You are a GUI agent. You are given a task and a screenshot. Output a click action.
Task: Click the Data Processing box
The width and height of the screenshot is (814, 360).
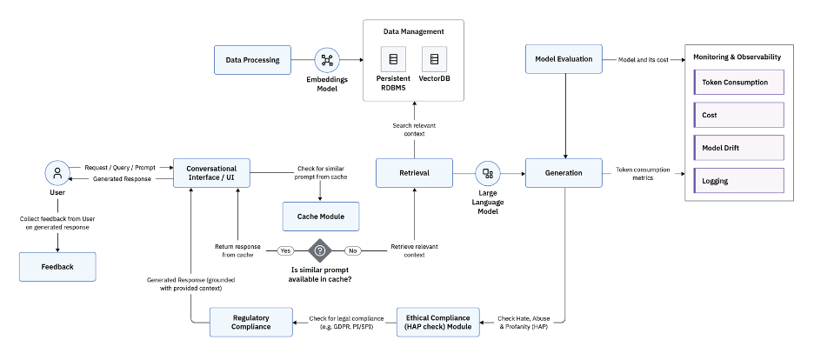253,60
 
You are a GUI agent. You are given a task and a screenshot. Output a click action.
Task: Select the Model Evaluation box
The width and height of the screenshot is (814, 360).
564,59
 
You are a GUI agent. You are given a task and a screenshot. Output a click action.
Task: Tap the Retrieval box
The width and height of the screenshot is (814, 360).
415,173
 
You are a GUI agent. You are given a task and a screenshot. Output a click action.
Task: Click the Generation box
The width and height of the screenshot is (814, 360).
564,173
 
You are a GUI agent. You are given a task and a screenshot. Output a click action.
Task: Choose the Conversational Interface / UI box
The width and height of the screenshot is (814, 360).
211,173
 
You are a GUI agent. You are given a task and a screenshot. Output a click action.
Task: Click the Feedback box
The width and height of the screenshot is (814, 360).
57,267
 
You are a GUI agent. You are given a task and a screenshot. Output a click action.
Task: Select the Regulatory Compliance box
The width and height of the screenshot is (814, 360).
251,322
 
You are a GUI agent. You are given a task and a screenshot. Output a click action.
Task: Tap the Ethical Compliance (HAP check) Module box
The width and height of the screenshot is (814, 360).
438,322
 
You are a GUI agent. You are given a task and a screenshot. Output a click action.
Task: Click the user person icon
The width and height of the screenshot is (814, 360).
57,173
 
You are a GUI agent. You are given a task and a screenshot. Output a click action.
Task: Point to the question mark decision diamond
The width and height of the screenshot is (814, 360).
320,250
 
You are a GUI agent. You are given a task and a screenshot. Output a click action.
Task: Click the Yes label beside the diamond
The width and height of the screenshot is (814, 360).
285,250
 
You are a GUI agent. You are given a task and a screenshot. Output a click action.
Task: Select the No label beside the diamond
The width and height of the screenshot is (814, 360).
352,250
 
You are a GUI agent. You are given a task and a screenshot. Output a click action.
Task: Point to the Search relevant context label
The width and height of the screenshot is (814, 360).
415,130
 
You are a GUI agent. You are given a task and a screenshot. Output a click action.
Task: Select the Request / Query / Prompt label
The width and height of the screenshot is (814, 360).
120,167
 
